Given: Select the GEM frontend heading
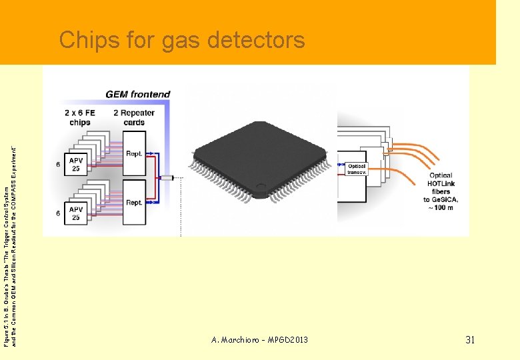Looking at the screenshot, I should coord(138,95).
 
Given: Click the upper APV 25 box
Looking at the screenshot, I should coord(76,164).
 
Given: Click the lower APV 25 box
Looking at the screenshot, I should coord(76,213).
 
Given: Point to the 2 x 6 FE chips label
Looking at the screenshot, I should coord(80,117).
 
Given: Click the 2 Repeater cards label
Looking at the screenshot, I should coord(134,117).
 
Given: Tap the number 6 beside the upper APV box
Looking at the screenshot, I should coord(57,164).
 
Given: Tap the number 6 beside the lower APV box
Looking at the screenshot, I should coord(57,213).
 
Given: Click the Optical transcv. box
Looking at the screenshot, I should coord(357,169).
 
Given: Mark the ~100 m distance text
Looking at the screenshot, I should coord(441,208).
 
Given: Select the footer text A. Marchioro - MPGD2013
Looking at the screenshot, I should coord(259,340).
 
